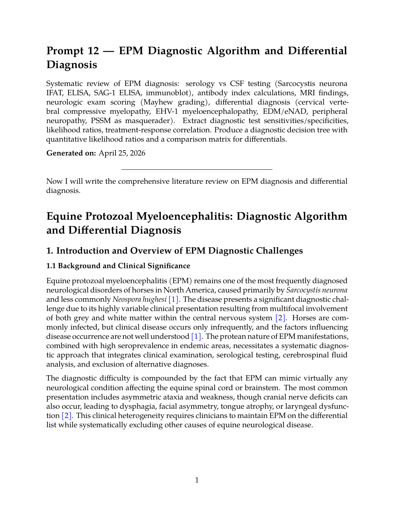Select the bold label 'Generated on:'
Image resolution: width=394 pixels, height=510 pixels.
tap(71, 153)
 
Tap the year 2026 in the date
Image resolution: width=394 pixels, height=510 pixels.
tap(137, 153)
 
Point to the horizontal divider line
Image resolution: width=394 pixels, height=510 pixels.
tap(197, 169)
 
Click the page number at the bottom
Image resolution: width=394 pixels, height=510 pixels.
tap(197, 480)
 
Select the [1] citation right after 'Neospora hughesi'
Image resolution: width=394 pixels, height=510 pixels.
tap(174, 300)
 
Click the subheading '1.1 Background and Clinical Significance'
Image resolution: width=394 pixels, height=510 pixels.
tap(118, 266)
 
